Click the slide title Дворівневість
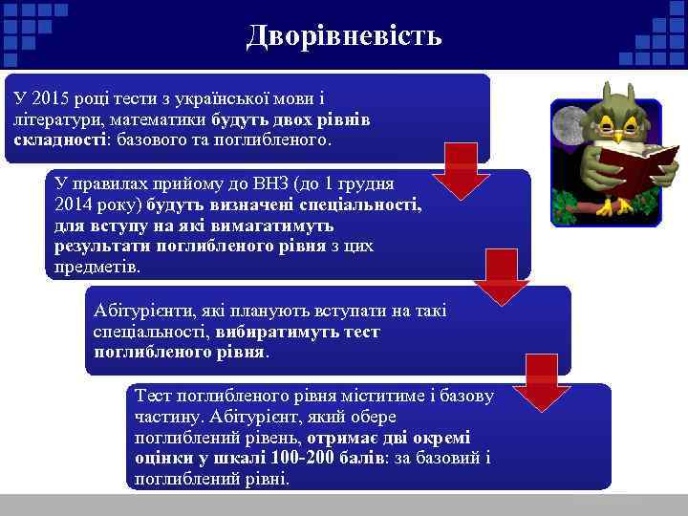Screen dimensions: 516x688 [344, 36]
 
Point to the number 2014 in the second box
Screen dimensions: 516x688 [76, 204]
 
